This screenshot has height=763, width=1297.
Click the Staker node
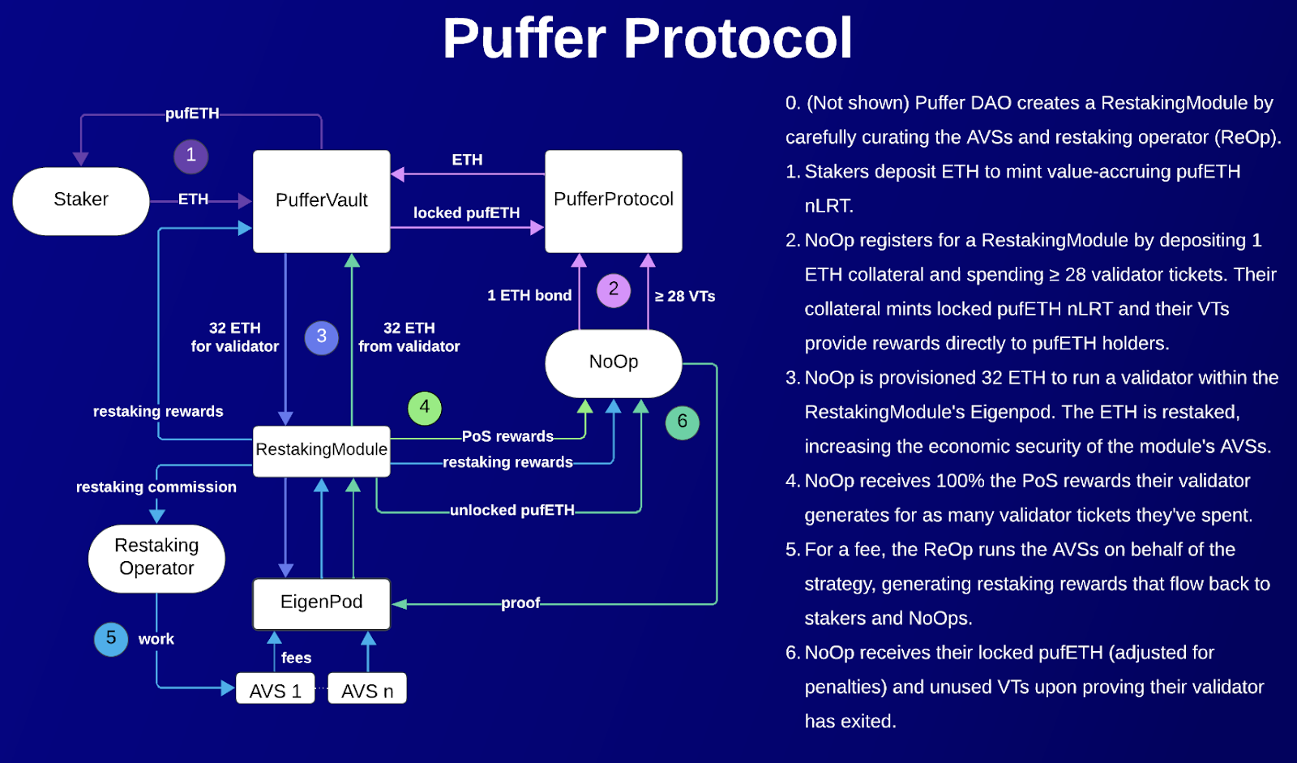(81, 200)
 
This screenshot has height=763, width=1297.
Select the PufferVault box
(322, 200)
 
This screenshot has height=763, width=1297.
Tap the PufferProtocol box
(614, 200)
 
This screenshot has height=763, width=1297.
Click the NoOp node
(614, 362)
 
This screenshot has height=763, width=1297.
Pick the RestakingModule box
(322, 450)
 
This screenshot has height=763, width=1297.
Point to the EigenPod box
(322, 602)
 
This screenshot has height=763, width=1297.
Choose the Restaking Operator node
(156, 558)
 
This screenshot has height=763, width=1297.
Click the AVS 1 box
(276, 690)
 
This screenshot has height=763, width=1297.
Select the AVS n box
(367, 690)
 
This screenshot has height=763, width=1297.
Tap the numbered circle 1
(191, 156)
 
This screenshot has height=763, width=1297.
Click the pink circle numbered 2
(614, 289)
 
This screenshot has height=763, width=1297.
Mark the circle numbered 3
(322, 337)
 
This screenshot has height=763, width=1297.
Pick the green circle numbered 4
(425, 408)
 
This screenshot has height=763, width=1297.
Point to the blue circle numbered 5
(111, 639)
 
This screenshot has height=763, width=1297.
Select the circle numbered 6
(683, 422)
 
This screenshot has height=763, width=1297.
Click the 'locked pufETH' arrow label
(467, 213)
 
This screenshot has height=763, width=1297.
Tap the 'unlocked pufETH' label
(512, 510)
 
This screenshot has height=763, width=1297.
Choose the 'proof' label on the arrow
(520, 603)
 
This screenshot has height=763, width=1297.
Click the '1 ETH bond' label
(529, 296)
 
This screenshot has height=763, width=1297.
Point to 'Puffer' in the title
(524, 38)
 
